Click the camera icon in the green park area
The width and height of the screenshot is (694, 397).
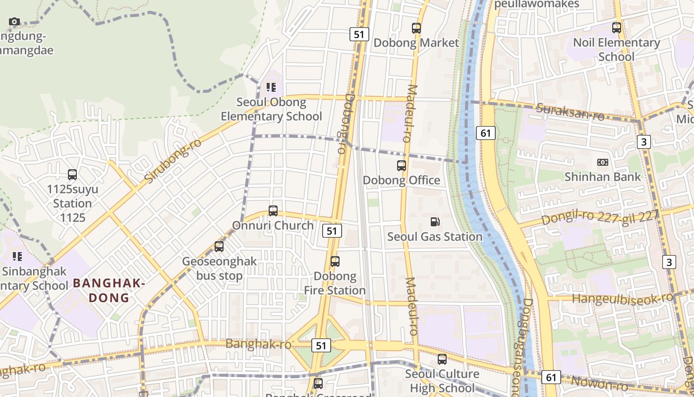[14, 21]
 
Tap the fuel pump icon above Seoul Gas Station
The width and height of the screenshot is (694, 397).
[435, 222]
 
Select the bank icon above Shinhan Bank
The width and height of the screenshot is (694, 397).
[603, 162]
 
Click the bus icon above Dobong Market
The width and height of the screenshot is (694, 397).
[416, 28]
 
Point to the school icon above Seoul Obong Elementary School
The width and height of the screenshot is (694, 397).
[271, 87]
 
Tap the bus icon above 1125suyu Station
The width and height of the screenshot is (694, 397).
[72, 175]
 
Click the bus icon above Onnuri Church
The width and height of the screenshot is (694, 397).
[273, 210]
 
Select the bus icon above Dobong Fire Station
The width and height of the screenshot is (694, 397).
[335, 261]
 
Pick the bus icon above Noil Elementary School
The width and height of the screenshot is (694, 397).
[617, 28]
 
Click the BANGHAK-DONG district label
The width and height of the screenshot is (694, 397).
[109, 290]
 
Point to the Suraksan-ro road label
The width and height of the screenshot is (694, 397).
[571, 112]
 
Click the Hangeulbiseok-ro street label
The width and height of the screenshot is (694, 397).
[623, 298]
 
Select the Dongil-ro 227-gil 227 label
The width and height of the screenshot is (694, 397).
[600, 217]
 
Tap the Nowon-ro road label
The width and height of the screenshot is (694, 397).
[599, 383]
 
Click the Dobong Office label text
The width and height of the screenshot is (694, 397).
[402, 180]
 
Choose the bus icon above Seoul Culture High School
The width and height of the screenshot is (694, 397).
[442, 359]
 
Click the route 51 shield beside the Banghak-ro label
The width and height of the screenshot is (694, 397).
[321, 345]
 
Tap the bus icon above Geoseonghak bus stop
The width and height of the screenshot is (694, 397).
[219, 246]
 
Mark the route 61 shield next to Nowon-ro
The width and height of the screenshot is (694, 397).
[551, 377]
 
